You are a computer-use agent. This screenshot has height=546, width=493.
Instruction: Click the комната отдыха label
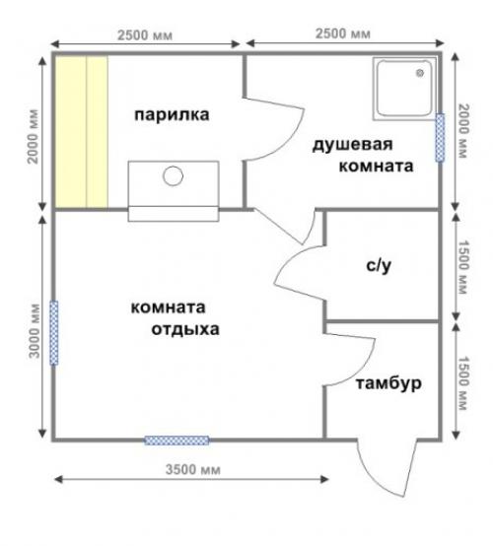(175, 316)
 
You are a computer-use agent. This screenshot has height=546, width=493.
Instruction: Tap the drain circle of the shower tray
(423, 71)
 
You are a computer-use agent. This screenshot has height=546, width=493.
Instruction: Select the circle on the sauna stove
(174, 177)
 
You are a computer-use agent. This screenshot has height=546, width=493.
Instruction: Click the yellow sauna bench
(80, 131)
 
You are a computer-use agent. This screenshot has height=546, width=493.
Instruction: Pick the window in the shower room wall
(440, 138)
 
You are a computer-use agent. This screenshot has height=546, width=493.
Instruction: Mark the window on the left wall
(54, 332)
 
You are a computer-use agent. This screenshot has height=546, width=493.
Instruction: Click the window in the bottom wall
(176, 441)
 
